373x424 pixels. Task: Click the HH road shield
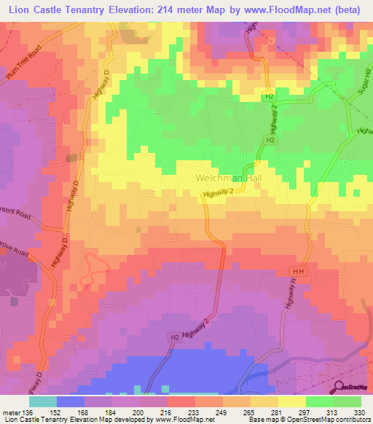pos(303,271)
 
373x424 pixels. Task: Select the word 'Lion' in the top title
pos(16,9)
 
